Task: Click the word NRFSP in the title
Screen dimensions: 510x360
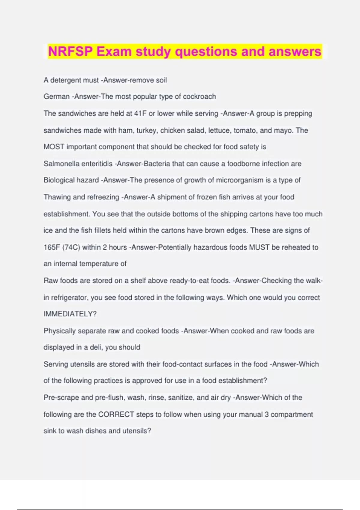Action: pos(70,52)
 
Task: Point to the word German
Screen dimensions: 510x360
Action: pos(56,97)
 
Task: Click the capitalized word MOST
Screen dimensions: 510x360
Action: pos(54,147)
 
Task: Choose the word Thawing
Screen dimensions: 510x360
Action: pos(57,197)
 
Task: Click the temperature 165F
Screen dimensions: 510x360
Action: pos(52,247)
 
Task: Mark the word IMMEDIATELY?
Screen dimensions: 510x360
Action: pos(70,314)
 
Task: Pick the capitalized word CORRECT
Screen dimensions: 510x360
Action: pos(116,414)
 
